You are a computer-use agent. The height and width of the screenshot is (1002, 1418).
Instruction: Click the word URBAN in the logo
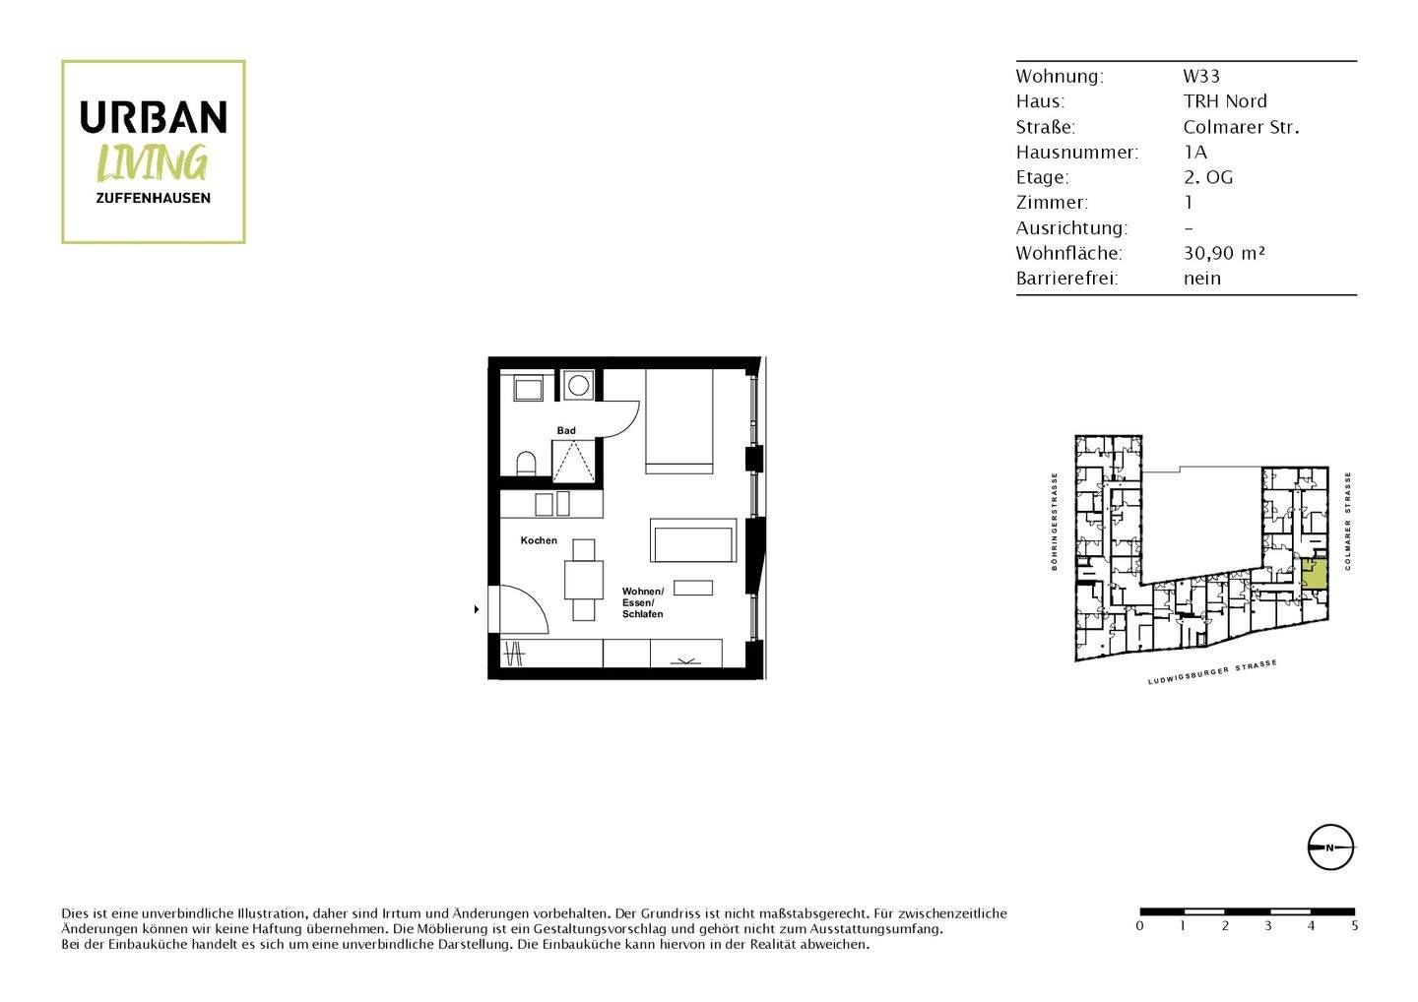(x=153, y=117)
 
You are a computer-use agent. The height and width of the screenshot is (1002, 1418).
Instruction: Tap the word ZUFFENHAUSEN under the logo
(x=153, y=198)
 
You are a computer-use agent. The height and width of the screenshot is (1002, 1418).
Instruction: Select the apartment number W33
(x=1201, y=76)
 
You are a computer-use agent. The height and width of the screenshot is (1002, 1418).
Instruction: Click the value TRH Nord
(x=1224, y=101)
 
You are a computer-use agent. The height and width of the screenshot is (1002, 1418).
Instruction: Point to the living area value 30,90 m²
(x=1223, y=253)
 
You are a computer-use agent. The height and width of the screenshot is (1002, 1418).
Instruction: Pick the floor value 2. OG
(x=1207, y=177)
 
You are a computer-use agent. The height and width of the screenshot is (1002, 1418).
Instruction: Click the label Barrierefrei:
(x=1066, y=279)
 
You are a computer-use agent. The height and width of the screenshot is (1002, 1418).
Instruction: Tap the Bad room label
(x=566, y=430)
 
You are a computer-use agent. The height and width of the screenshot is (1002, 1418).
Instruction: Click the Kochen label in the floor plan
(x=539, y=540)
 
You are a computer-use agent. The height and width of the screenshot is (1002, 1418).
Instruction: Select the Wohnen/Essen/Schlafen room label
(x=643, y=602)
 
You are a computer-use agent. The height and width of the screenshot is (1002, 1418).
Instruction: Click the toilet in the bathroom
(x=526, y=463)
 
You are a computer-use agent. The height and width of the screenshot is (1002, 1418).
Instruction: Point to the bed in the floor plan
(x=678, y=421)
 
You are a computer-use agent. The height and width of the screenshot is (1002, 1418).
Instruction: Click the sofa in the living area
(x=692, y=540)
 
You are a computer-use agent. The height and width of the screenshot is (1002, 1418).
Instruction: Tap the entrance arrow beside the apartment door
(x=477, y=610)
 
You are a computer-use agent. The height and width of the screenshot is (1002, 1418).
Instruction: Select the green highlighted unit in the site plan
(x=1314, y=575)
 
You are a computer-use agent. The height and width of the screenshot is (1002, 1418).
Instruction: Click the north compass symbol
(x=1330, y=847)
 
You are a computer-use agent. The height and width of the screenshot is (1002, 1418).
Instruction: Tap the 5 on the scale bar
(x=1355, y=926)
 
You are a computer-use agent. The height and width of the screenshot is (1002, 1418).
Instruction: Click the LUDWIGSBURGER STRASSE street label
(x=1212, y=673)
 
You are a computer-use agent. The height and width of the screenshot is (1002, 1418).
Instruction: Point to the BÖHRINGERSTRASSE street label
(x=1054, y=522)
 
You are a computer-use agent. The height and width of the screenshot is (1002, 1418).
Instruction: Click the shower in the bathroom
(x=572, y=461)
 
